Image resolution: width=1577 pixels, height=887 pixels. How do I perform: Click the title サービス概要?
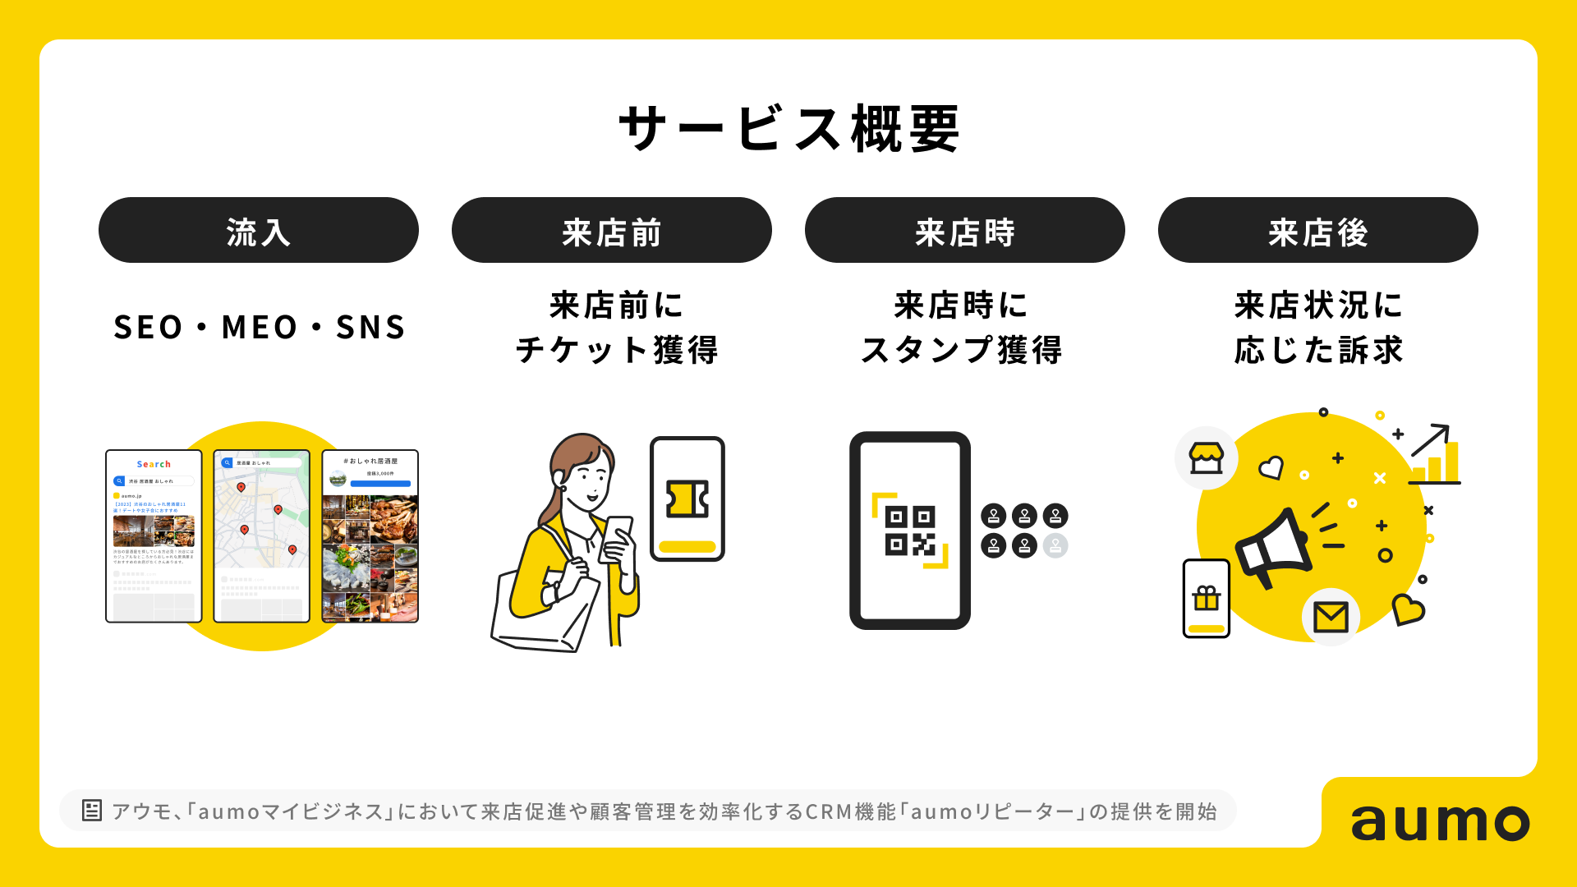[788, 129]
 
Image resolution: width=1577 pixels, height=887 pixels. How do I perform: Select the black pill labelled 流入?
[258, 231]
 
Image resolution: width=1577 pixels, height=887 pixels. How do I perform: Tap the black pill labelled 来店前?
[611, 231]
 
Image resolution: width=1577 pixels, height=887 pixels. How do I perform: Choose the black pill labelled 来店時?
[964, 231]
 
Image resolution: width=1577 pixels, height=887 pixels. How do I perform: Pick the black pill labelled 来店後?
[1317, 231]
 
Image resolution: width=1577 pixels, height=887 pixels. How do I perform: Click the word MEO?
[259, 328]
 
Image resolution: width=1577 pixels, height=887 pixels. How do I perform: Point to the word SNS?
[370, 328]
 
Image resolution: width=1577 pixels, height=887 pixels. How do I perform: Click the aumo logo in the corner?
[1440, 821]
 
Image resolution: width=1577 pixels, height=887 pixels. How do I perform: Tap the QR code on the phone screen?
[910, 531]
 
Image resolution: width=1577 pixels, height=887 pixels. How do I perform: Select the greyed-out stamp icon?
[1055, 545]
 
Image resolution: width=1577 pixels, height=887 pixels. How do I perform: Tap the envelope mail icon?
[1331, 617]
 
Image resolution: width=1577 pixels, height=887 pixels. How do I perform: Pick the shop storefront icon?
[1206, 458]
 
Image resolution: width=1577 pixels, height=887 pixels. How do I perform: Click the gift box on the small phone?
[1206, 598]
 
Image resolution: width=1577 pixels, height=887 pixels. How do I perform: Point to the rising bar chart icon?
[1436, 456]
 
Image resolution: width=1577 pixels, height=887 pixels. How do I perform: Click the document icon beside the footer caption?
[91, 811]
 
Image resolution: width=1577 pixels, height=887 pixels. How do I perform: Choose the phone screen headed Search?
[154, 535]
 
